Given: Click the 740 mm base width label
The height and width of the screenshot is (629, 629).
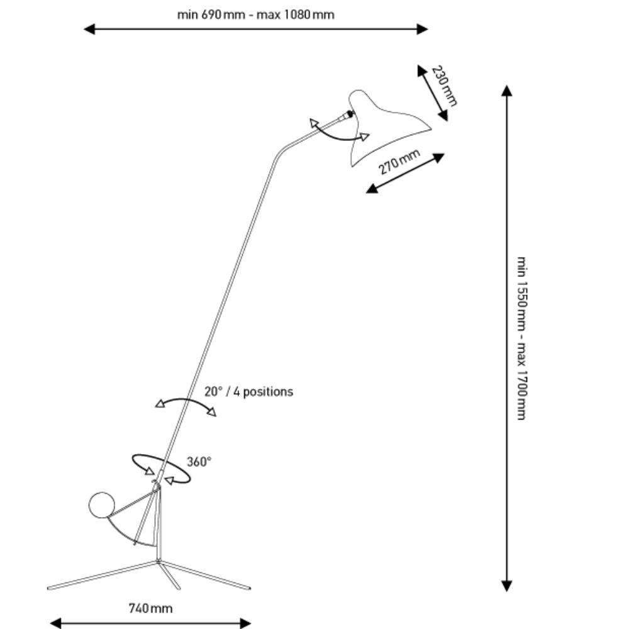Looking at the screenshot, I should point(150,608).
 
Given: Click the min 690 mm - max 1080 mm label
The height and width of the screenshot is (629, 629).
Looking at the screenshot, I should point(255,14).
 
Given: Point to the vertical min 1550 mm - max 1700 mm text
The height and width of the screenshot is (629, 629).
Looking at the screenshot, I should point(521,338).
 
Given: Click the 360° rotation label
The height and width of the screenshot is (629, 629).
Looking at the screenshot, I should point(199,462).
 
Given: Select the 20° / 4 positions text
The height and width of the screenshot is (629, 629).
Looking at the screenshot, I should point(248,391).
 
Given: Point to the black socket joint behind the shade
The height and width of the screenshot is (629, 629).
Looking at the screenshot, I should point(350,114).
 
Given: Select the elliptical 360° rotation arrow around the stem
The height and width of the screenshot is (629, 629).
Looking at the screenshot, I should point(161,469).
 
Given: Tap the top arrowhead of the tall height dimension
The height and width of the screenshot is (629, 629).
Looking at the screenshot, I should point(507,90).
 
